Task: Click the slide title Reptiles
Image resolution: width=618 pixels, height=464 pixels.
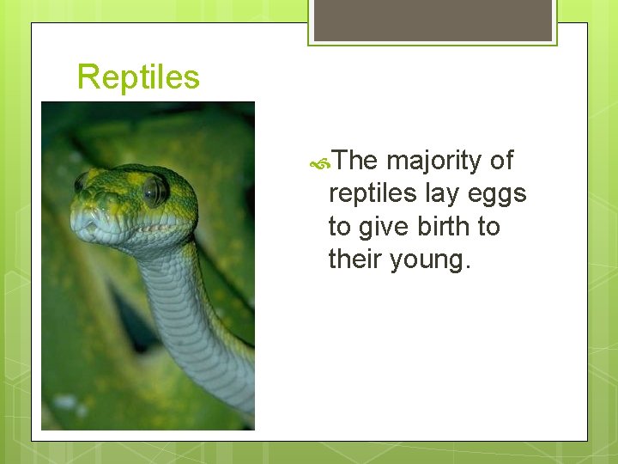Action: click(138, 77)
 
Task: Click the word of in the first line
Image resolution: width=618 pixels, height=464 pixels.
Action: click(501, 161)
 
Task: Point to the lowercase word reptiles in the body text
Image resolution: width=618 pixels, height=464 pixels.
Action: click(373, 194)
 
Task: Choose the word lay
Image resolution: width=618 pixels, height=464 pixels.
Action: click(444, 194)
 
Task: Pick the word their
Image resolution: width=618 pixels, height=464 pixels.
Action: click(355, 259)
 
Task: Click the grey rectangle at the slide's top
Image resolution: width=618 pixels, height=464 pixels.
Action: click(433, 20)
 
